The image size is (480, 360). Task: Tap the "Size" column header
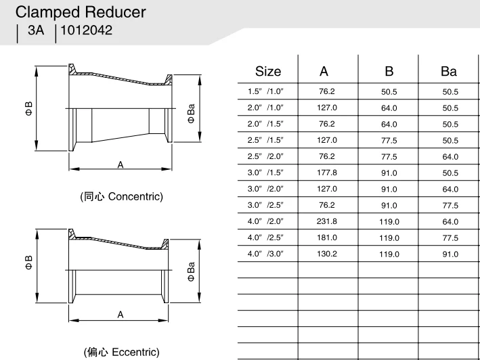268,72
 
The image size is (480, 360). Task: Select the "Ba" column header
449,72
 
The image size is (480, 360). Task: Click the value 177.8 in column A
327,173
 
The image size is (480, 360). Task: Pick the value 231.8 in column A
327,221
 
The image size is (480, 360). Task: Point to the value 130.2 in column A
327,254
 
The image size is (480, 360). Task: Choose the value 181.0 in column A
327,238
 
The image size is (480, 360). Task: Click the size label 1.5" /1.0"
266,91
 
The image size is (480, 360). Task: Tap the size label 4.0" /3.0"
266,254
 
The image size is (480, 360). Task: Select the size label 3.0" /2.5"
266,205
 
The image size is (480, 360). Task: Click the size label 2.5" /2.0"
266,156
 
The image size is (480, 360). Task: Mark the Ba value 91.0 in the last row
450,254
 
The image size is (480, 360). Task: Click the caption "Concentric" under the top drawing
135,197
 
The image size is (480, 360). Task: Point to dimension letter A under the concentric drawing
121,164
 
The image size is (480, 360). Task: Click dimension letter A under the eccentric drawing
121,314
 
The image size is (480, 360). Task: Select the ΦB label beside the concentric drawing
29,108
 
